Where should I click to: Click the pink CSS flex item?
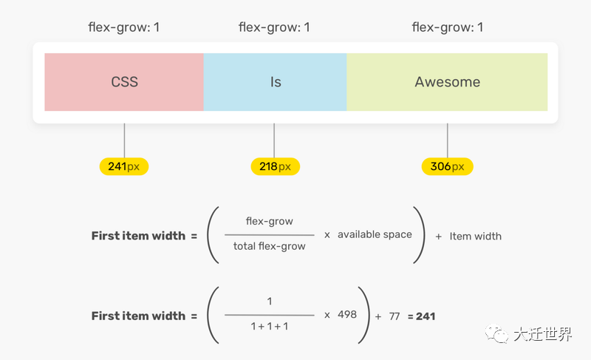(x=124, y=82)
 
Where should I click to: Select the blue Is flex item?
(x=275, y=82)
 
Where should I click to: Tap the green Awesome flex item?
(x=447, y=82)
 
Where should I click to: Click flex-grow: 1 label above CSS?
(x=124, y=28)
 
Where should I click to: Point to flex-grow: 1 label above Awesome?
(x=447, y=28)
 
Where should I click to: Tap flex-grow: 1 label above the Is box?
(x=274, y=28)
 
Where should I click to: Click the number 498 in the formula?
(x=347, y=314)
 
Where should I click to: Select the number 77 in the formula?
(x=394, y=316)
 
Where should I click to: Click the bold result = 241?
(x=422, y=316)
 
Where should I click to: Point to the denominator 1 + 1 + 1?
(x=269, y=326)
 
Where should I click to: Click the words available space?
(x=375, y=234)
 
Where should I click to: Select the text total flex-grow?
(x=269, y=246)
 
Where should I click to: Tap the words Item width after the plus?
(x=475, y=237)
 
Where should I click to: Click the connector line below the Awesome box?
(x=447, y=140)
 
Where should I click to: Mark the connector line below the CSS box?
(x=124, y=140)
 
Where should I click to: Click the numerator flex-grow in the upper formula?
(x=269, y=221)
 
